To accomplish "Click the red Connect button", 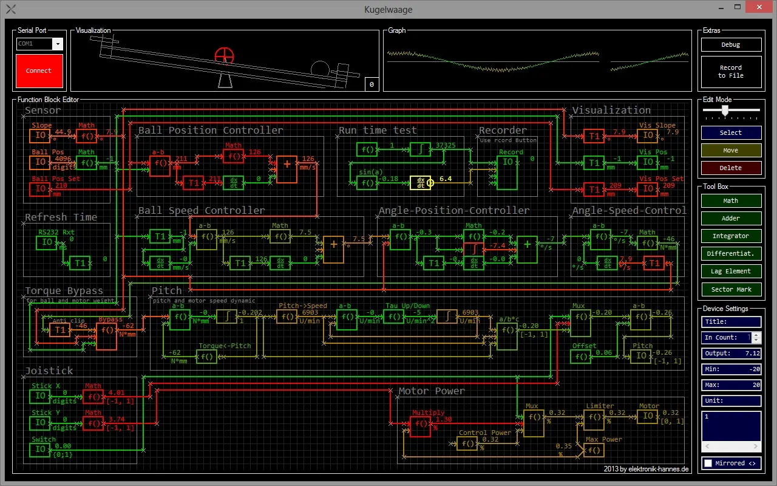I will (39, 70).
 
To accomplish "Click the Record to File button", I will (731, 72).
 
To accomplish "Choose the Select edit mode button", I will (731, 132).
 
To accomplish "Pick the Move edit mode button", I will (731, 150).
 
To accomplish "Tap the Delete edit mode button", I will (731, 168).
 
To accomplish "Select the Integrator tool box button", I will (731, 236).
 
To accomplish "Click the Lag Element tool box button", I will (731, 271).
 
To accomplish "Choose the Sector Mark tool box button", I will (731, 289).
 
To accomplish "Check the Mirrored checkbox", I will (707, 463).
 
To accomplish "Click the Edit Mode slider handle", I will (724, 110).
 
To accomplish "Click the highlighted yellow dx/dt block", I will (420, 182).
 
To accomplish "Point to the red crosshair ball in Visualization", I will (224, 55).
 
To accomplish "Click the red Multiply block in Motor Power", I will (420, 426).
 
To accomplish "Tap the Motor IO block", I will (648, 416).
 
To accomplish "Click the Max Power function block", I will (594, 450).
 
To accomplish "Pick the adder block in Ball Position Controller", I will (287, 169).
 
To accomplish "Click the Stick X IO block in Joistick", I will (40, 396).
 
